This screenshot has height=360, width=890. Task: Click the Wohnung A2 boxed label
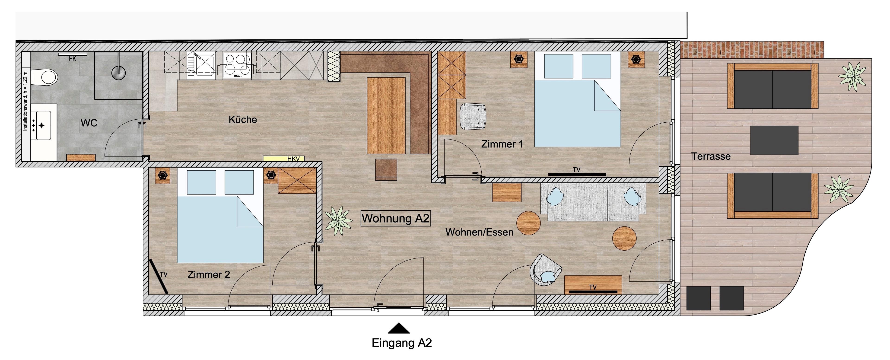[396, 218]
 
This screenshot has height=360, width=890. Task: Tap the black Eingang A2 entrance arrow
[399, 328]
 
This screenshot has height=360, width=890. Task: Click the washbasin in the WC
[43, 125]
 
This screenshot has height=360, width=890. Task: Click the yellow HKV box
[283, 159]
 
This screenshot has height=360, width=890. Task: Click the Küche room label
[243, 120]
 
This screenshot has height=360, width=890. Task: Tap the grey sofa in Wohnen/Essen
[593, 202]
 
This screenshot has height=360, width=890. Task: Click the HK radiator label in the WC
[72, 59]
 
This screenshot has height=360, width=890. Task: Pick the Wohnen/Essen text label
[480, 232]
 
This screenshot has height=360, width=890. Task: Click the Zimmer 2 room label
[209, 275]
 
